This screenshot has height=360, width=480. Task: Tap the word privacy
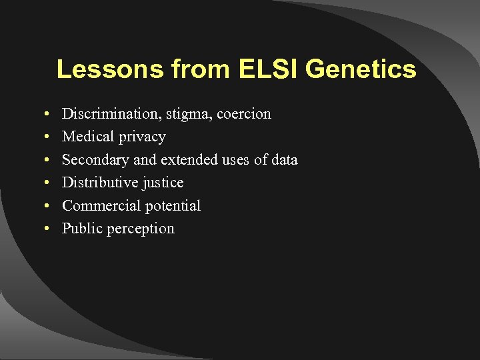click(142, 137)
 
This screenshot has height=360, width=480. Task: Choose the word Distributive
click(99, 183)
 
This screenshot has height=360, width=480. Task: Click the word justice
click(162, 183)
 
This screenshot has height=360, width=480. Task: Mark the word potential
click(169, 206)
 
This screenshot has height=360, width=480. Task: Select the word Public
click(80, 229)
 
